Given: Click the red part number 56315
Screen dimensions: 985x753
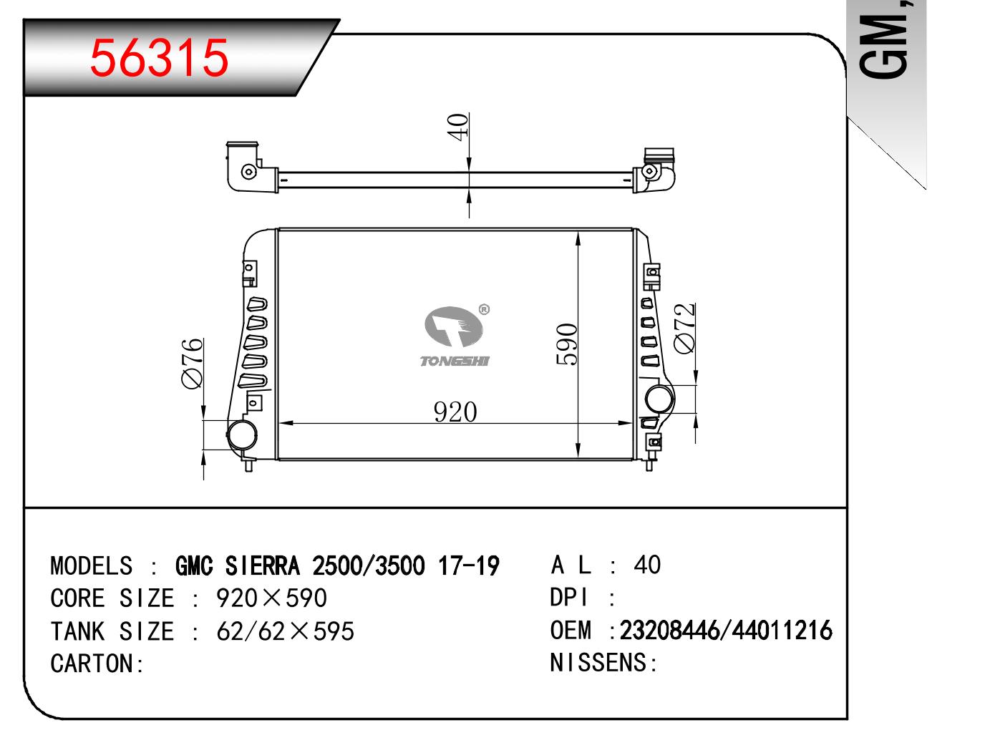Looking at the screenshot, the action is (x=159, y=57).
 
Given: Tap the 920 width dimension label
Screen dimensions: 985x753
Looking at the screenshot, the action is (x=455, y=412).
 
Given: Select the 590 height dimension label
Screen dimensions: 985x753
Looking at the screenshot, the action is (x=566, y=344).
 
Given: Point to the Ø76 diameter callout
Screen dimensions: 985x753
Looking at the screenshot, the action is (x=192, y=363).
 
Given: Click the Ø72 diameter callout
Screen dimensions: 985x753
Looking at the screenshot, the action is (x=684, y=329).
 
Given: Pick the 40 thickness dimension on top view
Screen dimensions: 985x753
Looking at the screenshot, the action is (x=458, y=127).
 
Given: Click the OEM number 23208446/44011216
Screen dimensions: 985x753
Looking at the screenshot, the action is (x=726, y=630).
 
